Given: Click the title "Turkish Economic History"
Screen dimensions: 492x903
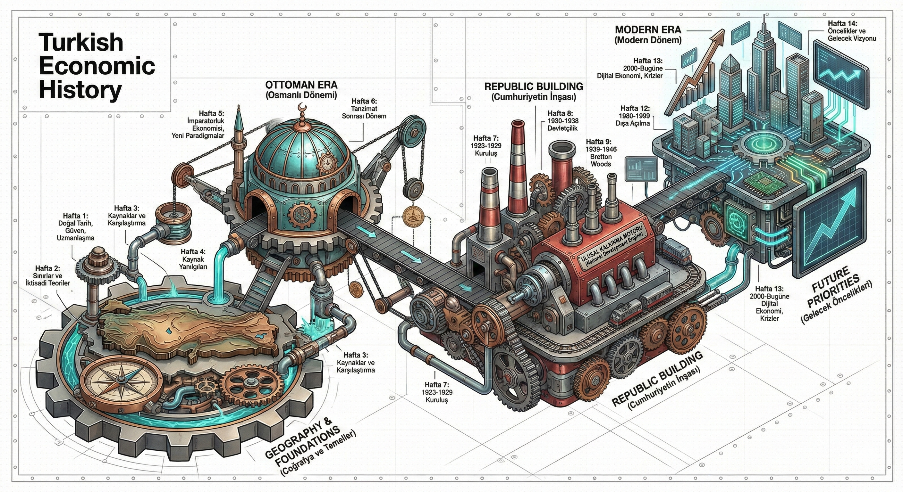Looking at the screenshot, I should [x=97, y=66].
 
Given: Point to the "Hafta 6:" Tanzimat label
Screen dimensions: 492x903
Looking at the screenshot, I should [x=364, y=109].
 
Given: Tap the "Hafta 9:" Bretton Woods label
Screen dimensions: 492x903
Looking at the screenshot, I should [x=601, y=153].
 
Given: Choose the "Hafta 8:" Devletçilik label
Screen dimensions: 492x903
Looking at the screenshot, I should [x=563, y=121].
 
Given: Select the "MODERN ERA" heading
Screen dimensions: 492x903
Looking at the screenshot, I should [x=648, y=34].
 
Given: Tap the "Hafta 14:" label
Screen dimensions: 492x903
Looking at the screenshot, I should [x=851, y=31].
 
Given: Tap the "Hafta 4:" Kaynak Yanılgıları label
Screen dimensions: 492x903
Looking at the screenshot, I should [x=193, y=259].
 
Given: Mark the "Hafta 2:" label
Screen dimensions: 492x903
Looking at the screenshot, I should [x=48, y=275].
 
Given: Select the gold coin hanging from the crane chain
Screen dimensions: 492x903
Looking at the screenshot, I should [x=414, y=217].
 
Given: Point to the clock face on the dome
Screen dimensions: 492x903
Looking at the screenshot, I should [x=328, y=162].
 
